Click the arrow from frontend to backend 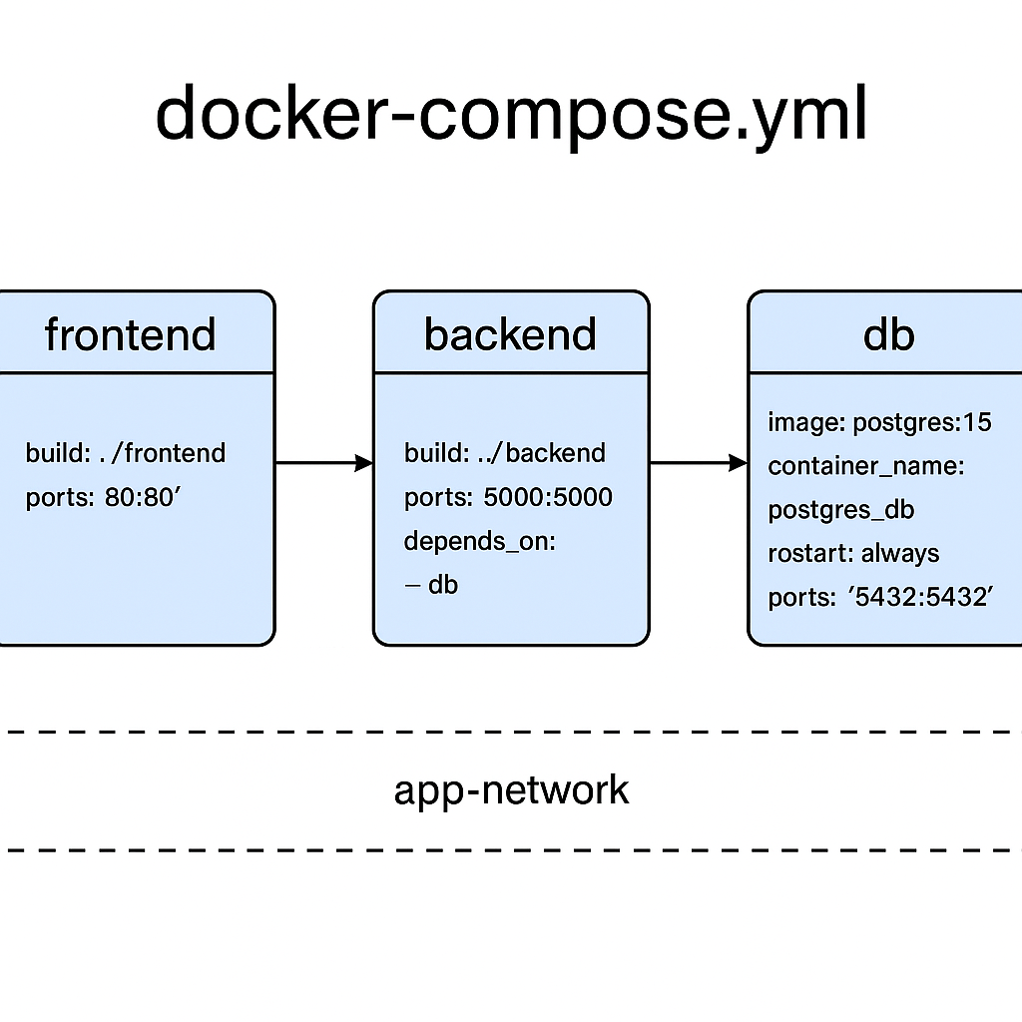tap(324, 463)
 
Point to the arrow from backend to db tap(699, 463)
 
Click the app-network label tap(512, 791)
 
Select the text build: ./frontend tap(126, 453)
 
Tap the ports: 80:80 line tap(103, 497)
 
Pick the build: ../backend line tap(505, 453)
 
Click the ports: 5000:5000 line tap(508, 497)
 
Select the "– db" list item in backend tap(431, 585)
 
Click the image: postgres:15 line tap(880, 423)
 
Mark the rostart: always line tap(854, 554)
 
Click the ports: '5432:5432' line tap(880, 597)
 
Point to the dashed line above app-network tap(511, 732)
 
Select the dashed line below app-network tap(511, 850)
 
